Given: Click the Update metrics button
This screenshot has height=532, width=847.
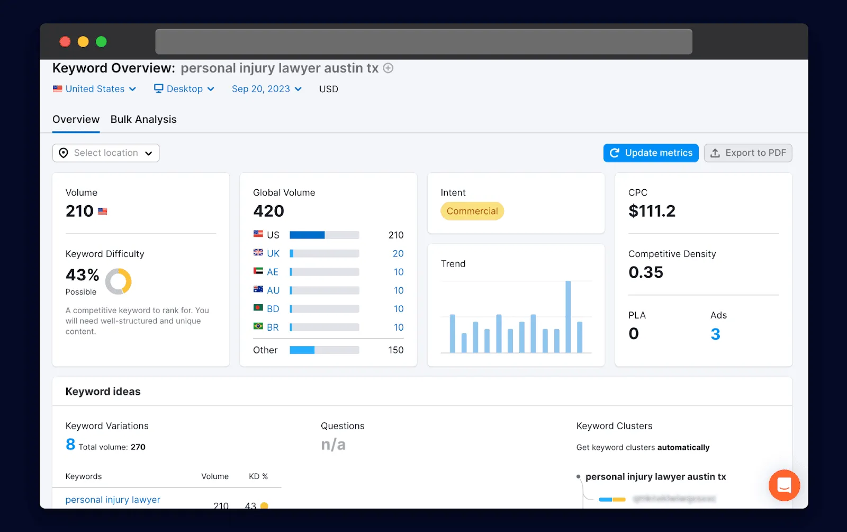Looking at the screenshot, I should pyautogui.click(x=651, y=153).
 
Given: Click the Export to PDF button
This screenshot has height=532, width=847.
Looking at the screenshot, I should pyautogui.click(x=747, y=153).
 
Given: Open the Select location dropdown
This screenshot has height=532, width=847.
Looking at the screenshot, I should pyautogui.click(x=106, y=153).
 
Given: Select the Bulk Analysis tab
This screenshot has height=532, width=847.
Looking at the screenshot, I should pyautogui.click(x=143, y=120).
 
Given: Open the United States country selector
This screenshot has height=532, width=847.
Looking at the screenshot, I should pyautogui.click(x=95, y=89).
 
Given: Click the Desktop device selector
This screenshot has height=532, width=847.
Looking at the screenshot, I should pyautogui.click(x=184, y=89).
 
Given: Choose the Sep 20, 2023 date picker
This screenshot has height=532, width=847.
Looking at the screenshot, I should pyautogui.click(x=266, y=89).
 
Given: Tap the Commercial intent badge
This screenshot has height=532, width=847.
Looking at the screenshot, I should pyautogui.click(x=472, y=211).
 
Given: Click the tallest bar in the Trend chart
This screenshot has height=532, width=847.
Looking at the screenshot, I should pyautogui.click(x=568, y=316).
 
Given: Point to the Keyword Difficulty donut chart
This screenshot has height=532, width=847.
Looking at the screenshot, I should pyautogui.click(x=118, y=281).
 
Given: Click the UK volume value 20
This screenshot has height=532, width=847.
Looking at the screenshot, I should pyautogui.click(x=398, y=254).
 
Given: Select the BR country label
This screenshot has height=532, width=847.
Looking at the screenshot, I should pyautogui.click(x=273, y=327).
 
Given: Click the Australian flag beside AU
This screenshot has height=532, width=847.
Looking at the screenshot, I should pyautogui.click(x=258, y=289).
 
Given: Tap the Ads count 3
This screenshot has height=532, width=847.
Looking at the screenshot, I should pyautogui.click(x=715, y=334).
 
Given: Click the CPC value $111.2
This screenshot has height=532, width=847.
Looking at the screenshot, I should pyautogui.click(x=652, y=211).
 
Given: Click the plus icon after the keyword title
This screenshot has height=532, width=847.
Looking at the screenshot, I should pyautogui.click(x=388, y=68).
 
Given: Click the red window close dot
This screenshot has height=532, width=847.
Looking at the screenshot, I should pyautogui.click(x=65, y=42).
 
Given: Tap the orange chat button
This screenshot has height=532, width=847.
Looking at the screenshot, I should pyautogui.click(x=784, y=485).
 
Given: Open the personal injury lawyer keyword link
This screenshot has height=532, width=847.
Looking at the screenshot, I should pyautogui.click(x=113, y=500).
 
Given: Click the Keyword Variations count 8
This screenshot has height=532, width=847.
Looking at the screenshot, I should pyautogui.click(x=70, y=445).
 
